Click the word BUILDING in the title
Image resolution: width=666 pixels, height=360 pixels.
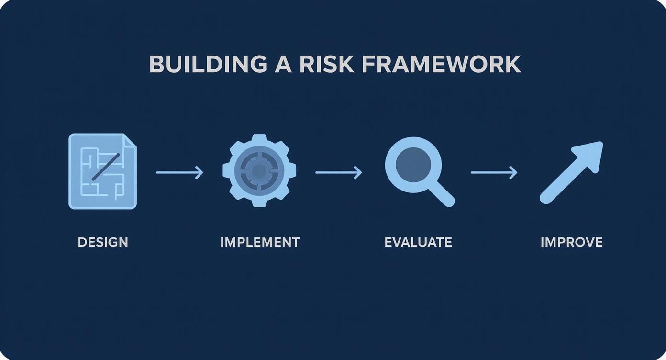click(208, 64)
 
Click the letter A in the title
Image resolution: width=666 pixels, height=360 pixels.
click(283, 64)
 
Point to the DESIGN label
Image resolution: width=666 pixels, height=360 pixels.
click(103, 242)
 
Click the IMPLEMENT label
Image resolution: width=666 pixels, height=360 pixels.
click(260, 242)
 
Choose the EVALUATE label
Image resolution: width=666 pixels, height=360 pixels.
click(418, 242)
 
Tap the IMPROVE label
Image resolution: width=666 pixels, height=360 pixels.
click(571, 242)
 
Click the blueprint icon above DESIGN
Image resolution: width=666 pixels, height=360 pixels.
click(102, 171)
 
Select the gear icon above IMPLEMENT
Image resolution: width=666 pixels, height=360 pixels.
click(259, 170)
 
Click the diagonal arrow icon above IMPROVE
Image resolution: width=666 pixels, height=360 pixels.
click(571, 172)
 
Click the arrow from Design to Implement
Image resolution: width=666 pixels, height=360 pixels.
click(179, 172)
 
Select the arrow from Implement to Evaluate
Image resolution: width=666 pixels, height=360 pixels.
click(338, 172)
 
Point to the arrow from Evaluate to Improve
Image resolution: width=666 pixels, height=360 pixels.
click(494, 172)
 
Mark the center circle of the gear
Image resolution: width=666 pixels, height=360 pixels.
click(259, 170)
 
